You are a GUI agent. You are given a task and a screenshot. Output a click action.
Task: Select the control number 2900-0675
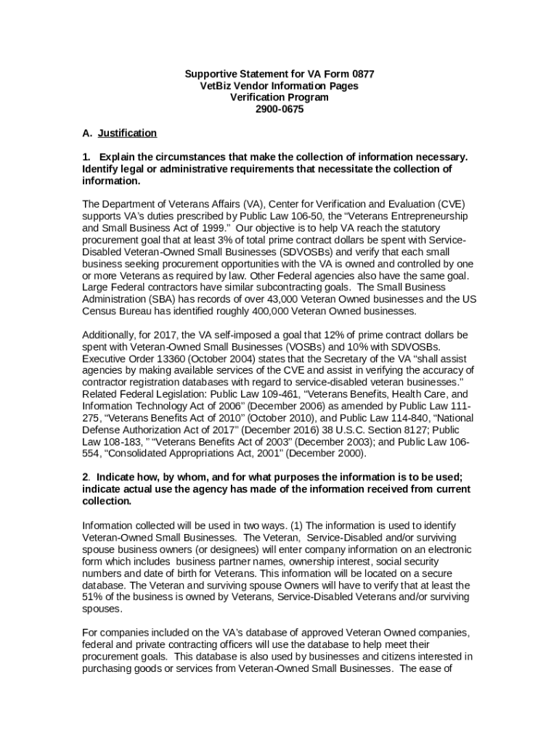pos(279,109)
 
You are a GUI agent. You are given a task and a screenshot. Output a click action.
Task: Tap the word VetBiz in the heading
pos(216,86)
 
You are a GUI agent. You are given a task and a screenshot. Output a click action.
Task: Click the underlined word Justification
pos(127,133)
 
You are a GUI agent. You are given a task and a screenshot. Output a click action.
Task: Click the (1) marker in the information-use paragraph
pos(297,525)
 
